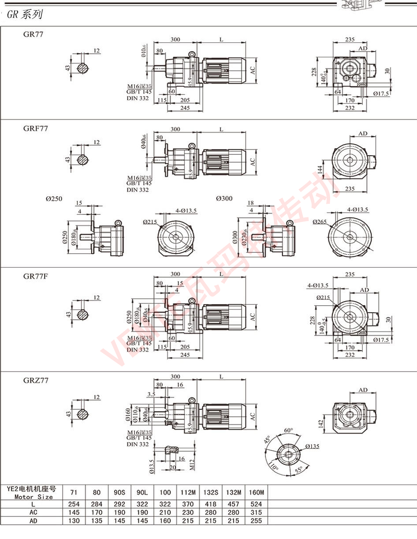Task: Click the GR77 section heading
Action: (34, 34)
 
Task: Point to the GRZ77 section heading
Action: (36, 380)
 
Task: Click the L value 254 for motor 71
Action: (74, 504)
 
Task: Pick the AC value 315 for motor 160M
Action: (256, 513)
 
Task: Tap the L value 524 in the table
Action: (256, 504)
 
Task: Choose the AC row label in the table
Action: (33, 513)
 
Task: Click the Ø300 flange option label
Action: (224, 198)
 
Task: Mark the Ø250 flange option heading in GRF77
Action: (54, 198)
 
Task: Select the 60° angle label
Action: (289, 430)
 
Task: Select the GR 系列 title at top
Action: (25, 15)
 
